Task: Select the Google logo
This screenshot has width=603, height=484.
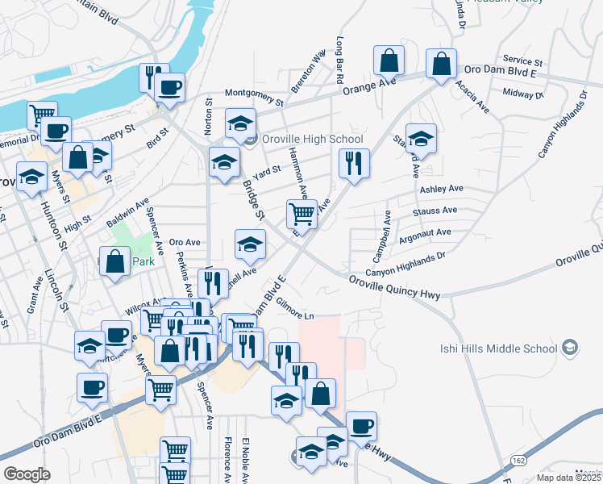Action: coord(27,474)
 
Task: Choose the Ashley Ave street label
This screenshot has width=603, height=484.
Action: coord(441,189)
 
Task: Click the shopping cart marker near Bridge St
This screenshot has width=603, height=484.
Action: coord(301,214)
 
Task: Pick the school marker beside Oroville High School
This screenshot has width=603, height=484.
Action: coord(240,123)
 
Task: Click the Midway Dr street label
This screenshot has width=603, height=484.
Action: coord(523,94)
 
